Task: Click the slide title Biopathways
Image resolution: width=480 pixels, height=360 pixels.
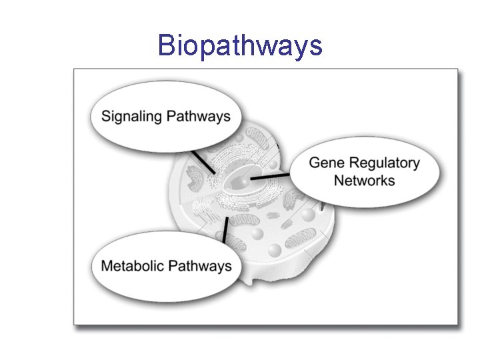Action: (x=240, y=46)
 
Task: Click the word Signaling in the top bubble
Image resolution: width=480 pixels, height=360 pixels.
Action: (x=131, y=117)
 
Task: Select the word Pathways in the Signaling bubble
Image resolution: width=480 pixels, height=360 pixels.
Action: (x=198, y=117)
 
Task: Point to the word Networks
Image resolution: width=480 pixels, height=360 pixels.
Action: (x=364, y=181)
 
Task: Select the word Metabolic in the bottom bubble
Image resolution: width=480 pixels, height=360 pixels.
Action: (x=132, y=266)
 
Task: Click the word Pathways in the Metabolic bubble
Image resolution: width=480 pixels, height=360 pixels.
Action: (x=199, y=266)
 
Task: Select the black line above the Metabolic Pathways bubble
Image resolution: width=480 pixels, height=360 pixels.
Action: (x=225, y=230)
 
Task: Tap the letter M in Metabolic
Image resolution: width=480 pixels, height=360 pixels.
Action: (x=107, y=266)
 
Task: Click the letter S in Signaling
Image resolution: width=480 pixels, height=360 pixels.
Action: (x=106, y=117)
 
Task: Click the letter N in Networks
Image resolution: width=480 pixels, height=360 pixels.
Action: (x=339, y=181)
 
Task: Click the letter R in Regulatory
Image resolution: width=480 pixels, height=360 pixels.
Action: (x=355, y=163)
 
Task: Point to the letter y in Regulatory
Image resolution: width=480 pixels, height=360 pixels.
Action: (x=416, y=165)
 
